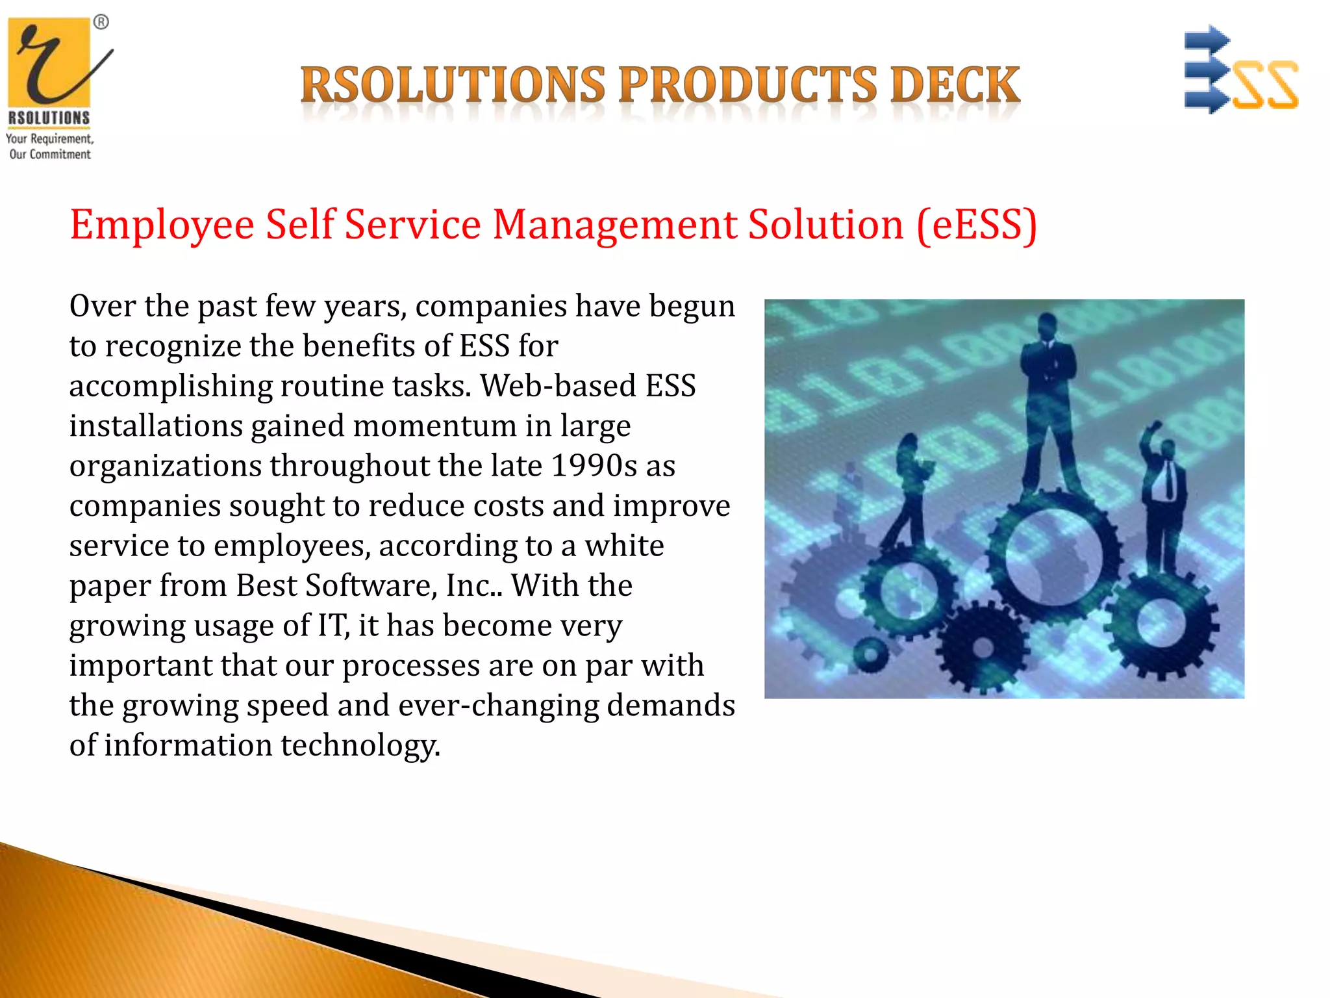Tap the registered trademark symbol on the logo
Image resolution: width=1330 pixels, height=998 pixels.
101,22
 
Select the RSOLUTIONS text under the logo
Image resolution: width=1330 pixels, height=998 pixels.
49,118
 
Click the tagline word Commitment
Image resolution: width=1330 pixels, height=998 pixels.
60,155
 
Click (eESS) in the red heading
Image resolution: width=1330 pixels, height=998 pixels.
977,225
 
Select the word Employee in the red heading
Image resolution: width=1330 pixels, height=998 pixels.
162,225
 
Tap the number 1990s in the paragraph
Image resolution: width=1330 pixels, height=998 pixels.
594,466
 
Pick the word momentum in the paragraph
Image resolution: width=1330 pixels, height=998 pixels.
434,426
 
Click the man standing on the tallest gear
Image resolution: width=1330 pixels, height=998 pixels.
1047,403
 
